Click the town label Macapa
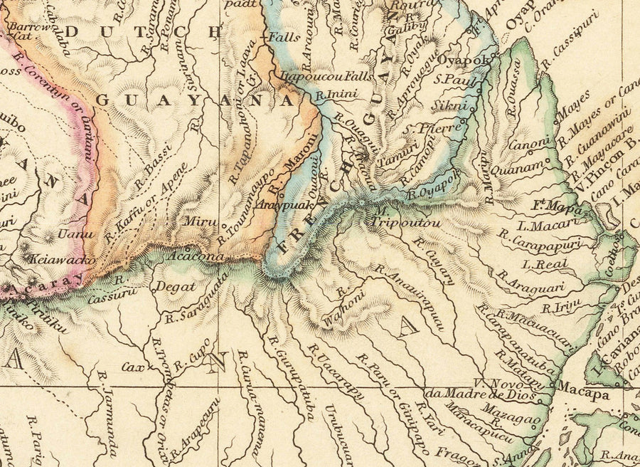[582, 389]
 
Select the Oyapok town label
[463, 61]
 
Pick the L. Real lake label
[543, 264]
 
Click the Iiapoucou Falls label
[316, 75]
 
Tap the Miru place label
[200, 221]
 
